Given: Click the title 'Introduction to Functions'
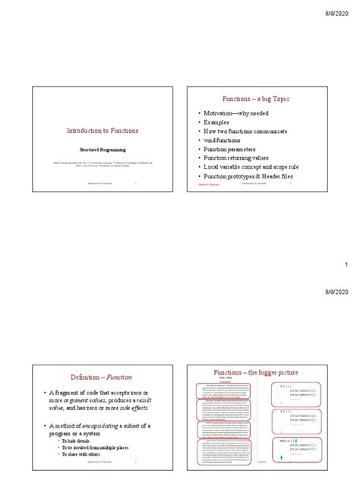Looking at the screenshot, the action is coord(101,131).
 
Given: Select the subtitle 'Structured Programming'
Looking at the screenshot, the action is coord(101,150).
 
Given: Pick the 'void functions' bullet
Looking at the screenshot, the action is coord(226,141).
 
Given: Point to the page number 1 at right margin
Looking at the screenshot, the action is coord(346,264).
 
